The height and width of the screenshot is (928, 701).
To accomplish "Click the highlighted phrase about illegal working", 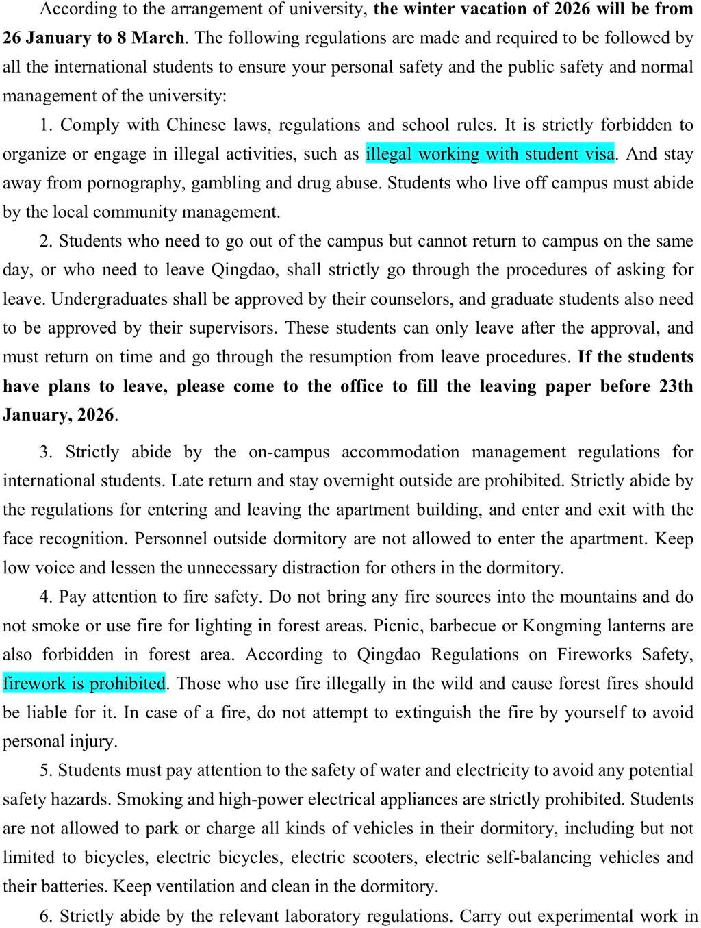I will [490, 153].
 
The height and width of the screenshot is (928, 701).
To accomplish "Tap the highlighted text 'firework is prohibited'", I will [84, 683].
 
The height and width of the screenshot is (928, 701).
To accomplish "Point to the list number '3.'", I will [47, 452].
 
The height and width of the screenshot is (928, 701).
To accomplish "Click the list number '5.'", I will [46, 770].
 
